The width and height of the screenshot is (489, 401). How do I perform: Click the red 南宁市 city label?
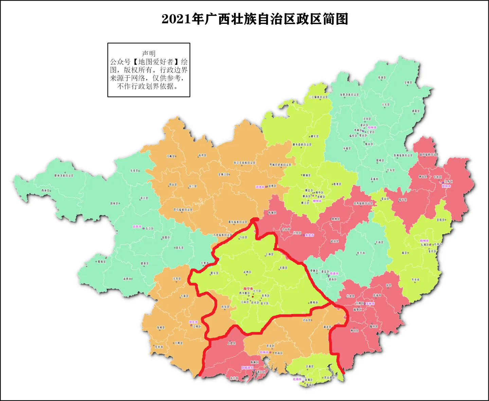point(248,289)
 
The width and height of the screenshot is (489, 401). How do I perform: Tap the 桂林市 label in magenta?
point(372,128)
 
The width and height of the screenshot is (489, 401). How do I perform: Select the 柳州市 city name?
point(317,201)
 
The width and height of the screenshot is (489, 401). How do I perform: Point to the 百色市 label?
point(137,227)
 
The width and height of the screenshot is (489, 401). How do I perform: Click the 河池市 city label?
point(260,187)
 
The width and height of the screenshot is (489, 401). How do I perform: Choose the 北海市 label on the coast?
point(297,379)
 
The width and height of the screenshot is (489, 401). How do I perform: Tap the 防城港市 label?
point(247,368)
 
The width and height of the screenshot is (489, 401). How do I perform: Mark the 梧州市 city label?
point(424,241)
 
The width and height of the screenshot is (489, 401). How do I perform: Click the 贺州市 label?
point(446,186)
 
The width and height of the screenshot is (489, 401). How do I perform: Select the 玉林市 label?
point(370,304)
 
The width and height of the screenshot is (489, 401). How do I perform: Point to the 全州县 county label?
point(408,82)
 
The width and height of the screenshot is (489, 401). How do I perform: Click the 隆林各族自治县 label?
point(64,176)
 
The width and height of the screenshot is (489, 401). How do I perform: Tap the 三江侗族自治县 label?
point(318,97)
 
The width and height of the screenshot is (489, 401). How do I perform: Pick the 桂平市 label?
point(361,253)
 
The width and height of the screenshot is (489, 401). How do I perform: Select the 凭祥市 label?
point(159,347)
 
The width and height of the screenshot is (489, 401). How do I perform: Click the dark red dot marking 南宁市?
point(253,297)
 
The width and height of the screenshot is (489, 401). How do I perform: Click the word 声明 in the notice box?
point(149,54)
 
